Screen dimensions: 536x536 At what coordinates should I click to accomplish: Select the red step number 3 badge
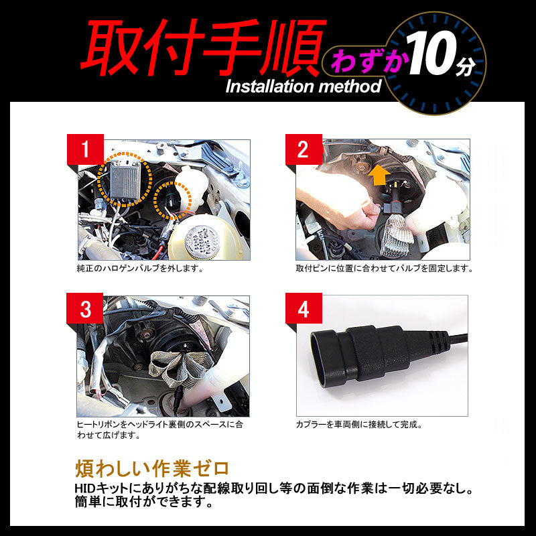click(85, 310)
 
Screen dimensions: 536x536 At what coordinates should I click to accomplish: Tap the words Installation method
click(303, 86)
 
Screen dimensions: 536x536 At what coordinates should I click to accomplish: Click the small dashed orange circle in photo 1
click(174, 199)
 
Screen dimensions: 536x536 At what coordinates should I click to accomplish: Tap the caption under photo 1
click(140, 269)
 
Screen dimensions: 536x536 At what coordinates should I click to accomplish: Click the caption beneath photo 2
click(385, 269)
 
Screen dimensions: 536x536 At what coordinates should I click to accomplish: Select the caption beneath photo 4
click(359, 425)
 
